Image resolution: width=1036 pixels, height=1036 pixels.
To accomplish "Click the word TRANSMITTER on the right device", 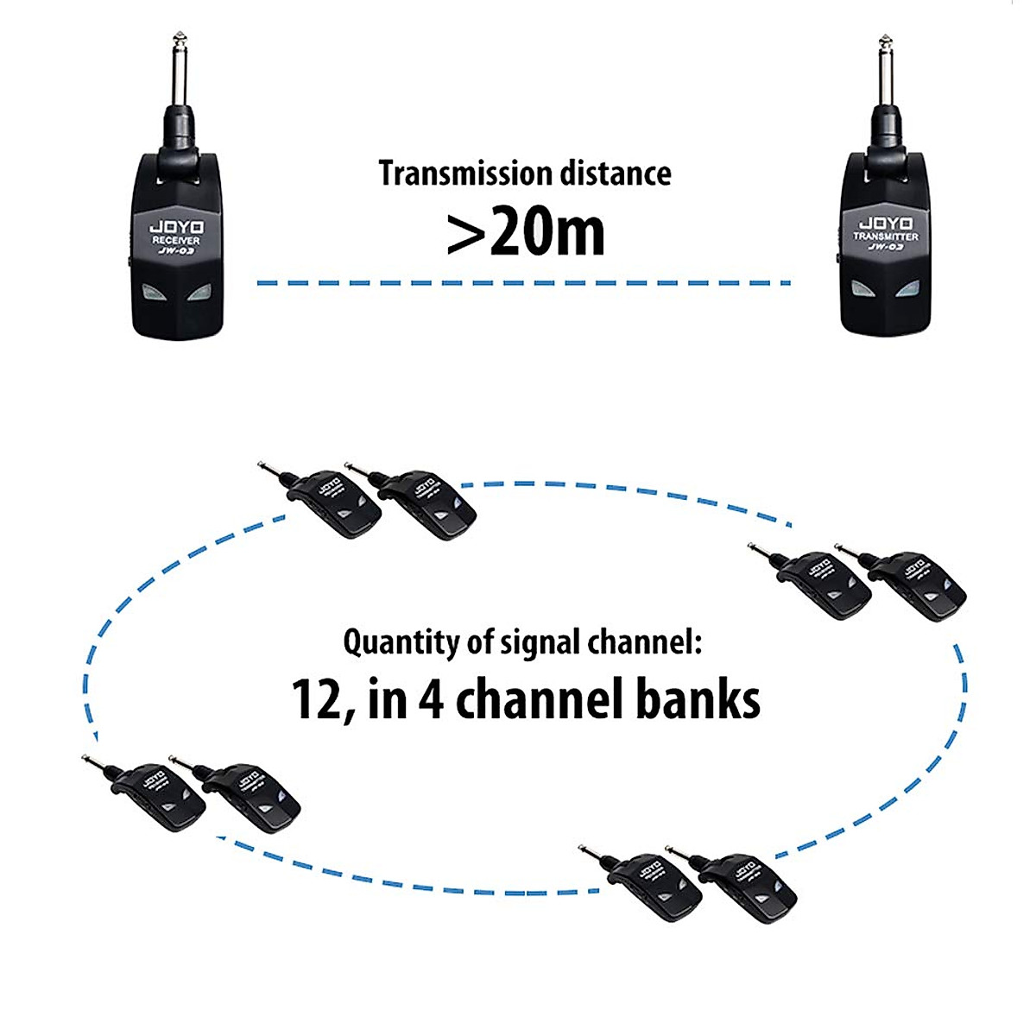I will point(886,236).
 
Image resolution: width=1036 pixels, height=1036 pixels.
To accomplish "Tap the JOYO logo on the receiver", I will point(176,226).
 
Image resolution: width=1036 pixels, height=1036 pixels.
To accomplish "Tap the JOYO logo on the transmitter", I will point(887,224).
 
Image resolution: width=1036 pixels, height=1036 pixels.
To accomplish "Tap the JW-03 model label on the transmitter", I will point(886,248).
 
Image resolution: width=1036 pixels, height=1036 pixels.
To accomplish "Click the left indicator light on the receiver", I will point(153,294).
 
